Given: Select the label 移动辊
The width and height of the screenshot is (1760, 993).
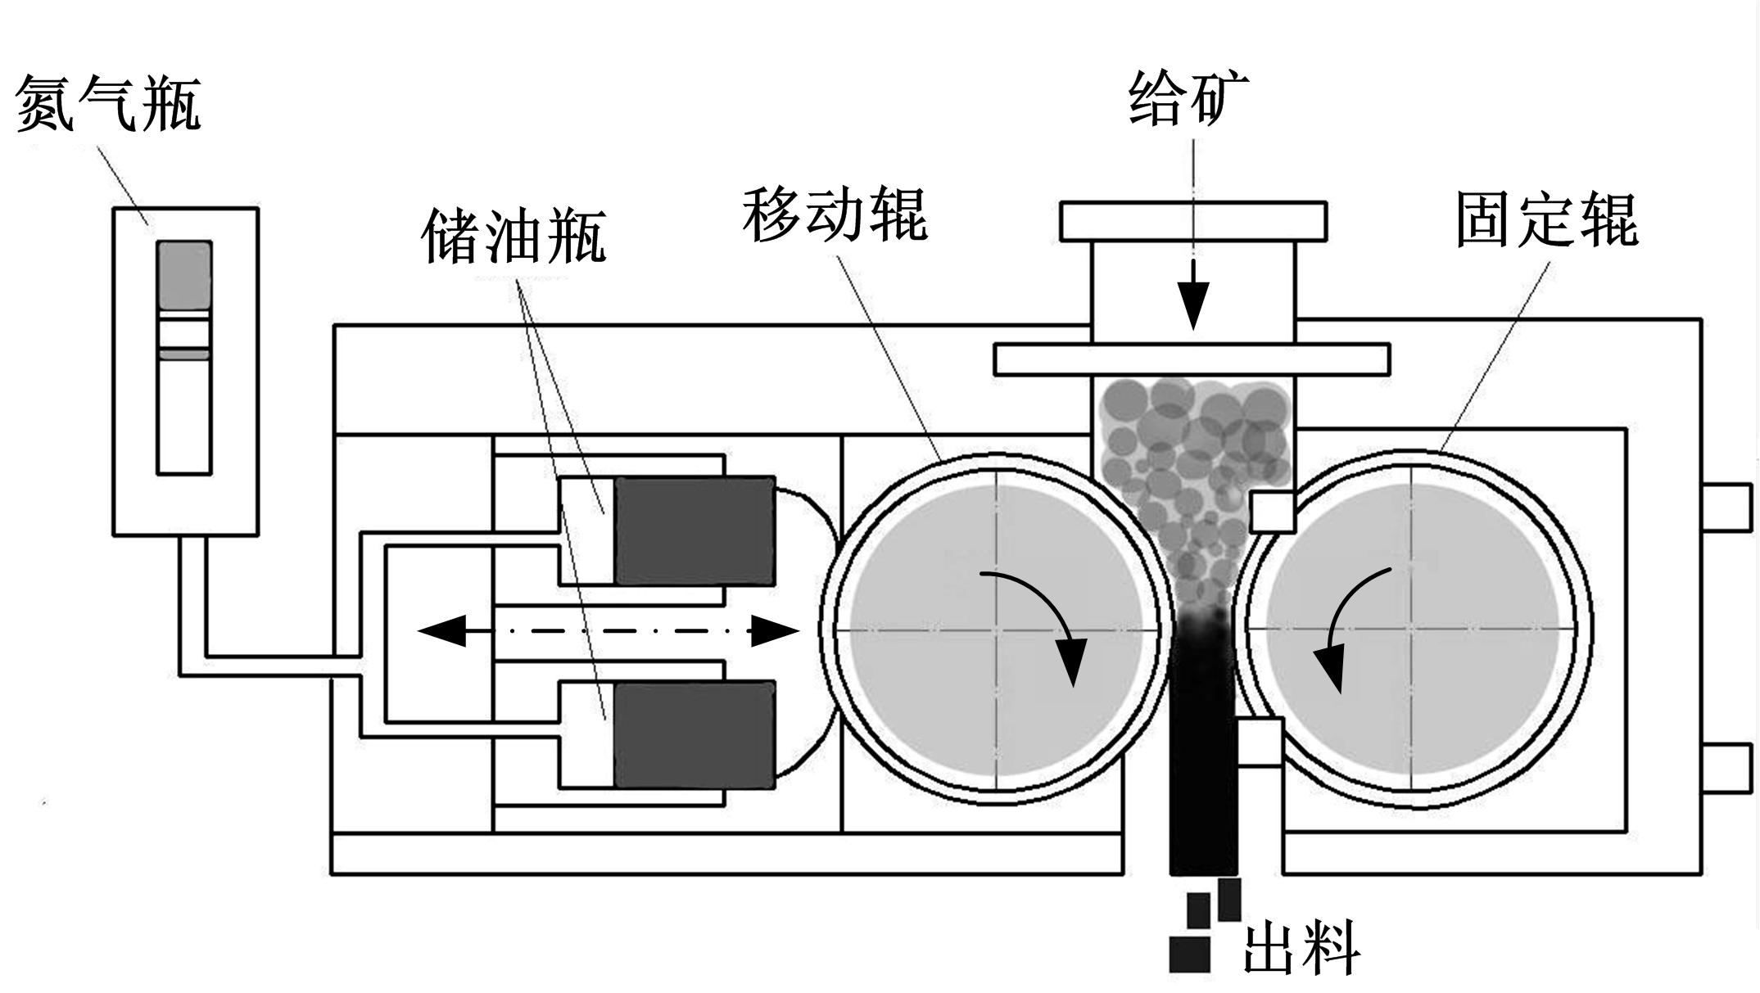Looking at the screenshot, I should [x=835, y=215].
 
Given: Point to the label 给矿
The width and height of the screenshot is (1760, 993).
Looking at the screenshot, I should [x=1188, y=98].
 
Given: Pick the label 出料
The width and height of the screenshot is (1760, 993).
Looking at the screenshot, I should [x=1301, y=948].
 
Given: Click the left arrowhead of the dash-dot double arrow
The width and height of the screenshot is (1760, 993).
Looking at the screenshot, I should [x=442, y=631].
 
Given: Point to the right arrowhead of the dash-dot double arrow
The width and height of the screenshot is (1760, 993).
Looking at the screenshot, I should [x=775, y=631].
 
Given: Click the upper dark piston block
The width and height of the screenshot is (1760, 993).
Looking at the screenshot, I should [x=694, y=531].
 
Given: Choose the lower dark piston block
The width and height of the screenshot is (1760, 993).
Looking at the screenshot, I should [x=694, y=734].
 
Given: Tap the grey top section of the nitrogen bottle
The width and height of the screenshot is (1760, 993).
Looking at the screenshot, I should [x=184, y=274].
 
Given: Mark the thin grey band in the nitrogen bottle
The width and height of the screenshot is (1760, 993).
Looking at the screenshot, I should [x=184, y=354].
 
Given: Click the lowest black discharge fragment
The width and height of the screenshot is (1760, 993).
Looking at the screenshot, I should [x=1189, y=954].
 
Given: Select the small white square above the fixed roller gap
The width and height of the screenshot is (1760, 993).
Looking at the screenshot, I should [x=1272, y=512].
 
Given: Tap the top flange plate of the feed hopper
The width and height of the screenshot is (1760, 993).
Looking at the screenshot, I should [x=1193, y=221].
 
